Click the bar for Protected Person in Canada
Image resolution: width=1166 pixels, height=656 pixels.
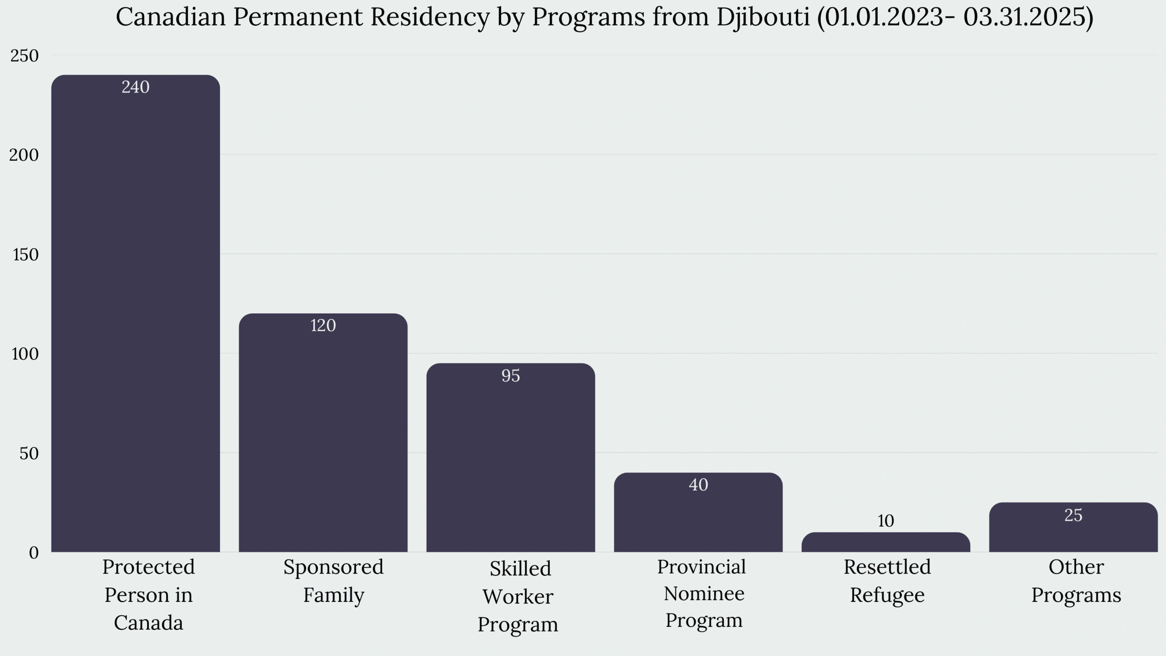[x=135, y=319]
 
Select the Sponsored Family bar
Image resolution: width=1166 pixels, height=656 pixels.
[x=323, y=437]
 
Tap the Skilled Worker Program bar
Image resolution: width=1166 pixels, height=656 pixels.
[x=511, y=460]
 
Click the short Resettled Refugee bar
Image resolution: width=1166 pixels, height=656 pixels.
[x=886, y=543]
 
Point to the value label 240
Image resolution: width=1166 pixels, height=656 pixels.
[x=135, y=87]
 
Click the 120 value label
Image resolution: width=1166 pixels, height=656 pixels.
[x=323, y=326]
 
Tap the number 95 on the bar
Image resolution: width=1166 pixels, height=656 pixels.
[x=511, y=376]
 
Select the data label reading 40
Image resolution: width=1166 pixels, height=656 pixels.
[x=698, y=485]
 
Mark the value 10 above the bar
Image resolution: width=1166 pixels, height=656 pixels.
[x=886, y=521]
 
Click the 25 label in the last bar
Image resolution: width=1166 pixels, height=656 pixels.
[x=1073, y=515]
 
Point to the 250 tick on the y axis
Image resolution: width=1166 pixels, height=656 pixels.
[x=25, y=56]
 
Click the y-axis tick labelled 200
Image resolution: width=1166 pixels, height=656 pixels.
[x=24, y=155]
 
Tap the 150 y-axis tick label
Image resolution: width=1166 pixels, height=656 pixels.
[x=26, y=255]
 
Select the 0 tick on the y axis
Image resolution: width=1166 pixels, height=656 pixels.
[x=34, y=553]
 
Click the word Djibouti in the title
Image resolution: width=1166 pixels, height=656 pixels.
[x=763, y=17]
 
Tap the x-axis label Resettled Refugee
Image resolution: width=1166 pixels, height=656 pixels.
[x=887, y=581]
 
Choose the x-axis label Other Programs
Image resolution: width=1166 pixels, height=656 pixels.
[x=1076, y=581]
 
